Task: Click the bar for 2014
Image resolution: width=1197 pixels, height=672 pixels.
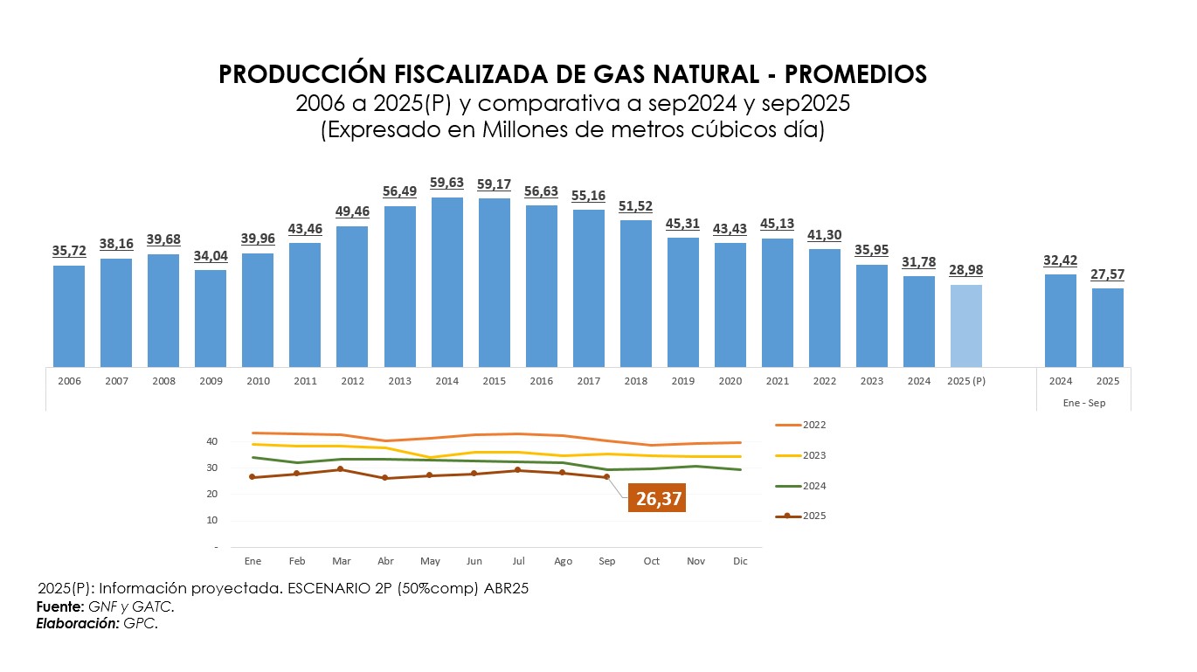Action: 446,281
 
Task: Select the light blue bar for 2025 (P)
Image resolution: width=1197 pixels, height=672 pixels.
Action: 965,325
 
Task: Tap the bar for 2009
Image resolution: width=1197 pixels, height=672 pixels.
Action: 211,318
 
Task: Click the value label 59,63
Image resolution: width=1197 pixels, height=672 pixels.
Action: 446,184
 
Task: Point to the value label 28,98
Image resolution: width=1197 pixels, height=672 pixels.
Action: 965,270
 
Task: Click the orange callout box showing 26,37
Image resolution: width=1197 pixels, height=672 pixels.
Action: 659,499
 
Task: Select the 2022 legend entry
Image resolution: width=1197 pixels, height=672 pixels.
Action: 801,426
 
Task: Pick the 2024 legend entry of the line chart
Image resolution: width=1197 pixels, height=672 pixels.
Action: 801,486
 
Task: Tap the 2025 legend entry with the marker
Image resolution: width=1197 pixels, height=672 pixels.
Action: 801,516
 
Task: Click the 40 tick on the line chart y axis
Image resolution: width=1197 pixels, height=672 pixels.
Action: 212,441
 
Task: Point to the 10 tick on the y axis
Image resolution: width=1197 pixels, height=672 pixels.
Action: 212,520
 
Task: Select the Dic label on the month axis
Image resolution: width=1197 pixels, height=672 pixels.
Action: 740,561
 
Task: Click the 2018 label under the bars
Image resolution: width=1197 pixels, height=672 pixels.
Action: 635,381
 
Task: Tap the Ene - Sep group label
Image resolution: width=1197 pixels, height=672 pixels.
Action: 1084,403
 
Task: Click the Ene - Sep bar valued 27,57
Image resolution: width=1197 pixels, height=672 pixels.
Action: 1108,327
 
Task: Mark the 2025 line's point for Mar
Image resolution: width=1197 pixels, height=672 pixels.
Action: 342,469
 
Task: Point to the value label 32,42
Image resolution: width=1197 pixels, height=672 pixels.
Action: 1061,260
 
